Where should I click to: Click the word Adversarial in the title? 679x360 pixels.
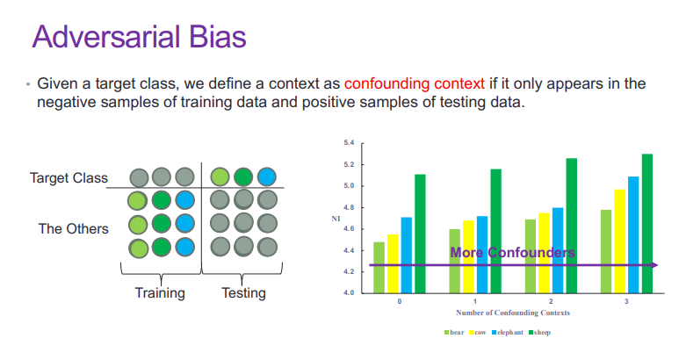coord(106,36)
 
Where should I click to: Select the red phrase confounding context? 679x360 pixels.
coord(414,83)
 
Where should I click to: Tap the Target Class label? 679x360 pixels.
coord(69,178)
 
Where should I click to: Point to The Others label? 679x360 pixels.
coord(73,228)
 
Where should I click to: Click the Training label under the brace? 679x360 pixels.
coord(160,293)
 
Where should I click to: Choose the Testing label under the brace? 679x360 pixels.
coord(244,293)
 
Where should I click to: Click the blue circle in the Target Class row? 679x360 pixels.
coord(267,177)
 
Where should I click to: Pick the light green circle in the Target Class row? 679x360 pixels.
coord(220,177)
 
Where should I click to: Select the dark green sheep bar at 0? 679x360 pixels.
coord(420,234)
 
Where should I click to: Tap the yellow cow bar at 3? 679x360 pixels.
coord(619,241)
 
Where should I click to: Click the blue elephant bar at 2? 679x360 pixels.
coord(558,250)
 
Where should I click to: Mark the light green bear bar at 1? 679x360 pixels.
coord(455,262)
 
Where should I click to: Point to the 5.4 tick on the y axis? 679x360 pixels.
coord(349,143)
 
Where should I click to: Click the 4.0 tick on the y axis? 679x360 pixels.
coord(349,293)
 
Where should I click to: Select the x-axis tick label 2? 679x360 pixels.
coord(551,301)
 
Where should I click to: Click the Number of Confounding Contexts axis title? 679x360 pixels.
coord(513,313)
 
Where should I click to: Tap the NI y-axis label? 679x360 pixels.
coord(336,219)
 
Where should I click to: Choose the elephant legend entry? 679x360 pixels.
coord(508,332)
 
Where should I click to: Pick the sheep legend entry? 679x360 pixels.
coord(539,332)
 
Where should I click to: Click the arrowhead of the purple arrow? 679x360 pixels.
coord(654,265)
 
